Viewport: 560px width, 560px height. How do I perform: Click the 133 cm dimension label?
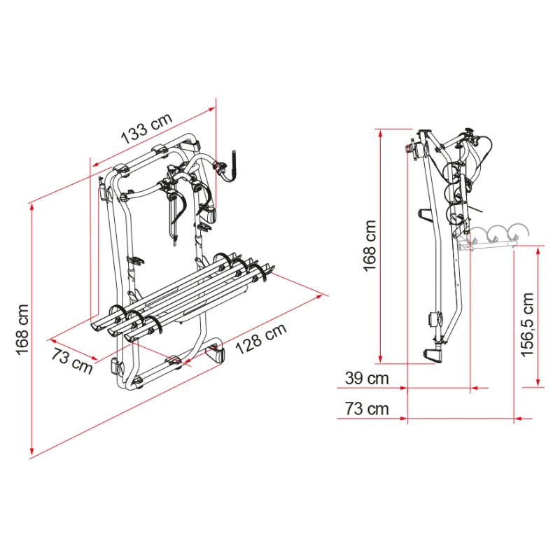(147, 127)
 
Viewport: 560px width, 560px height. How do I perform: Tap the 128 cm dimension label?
(261, 338)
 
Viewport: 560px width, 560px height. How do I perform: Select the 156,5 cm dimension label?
(527, 325)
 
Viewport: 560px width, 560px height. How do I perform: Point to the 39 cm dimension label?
(367, 378)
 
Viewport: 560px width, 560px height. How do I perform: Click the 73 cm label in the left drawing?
(72, 360)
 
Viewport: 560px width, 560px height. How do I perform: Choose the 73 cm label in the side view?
(367, 409)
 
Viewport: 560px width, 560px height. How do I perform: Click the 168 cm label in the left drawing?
(22, 330)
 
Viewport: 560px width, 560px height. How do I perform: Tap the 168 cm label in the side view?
(370, 246)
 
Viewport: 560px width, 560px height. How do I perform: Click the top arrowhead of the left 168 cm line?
(32, 207)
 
